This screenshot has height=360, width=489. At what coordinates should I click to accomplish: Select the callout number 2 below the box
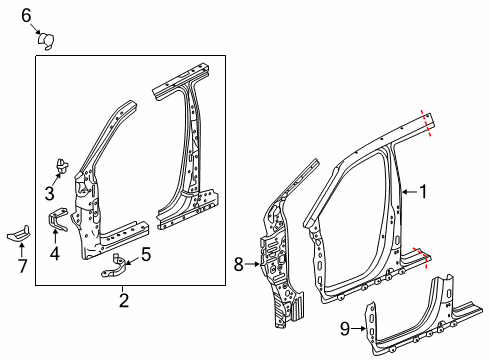(123, 300)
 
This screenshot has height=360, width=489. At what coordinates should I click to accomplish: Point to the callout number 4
(54, 253)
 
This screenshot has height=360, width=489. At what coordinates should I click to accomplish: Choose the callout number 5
(145, 255)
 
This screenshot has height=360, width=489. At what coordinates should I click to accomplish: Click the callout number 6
(27, 14)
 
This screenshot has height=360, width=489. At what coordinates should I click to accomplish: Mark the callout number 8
(238, 265)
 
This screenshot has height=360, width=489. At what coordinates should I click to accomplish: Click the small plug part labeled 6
(44, 41)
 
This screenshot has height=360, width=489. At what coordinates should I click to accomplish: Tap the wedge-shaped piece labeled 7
(20, 232)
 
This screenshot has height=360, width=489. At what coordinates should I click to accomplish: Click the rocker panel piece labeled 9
(420, 315)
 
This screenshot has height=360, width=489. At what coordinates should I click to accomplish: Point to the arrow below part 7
(21, 249)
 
